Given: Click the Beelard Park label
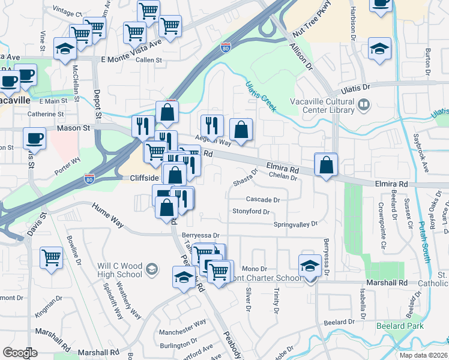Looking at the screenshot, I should (400, 326).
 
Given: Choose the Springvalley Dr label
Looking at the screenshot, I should (295, 224).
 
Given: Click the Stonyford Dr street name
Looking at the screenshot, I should (252, 212).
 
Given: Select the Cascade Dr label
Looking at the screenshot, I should (263, 199).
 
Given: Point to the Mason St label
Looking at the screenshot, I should (73, 128).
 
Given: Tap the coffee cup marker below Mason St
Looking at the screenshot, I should (34, 138).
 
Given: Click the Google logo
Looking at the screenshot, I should (20, 353).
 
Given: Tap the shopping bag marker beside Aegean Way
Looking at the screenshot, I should (241, 130).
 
